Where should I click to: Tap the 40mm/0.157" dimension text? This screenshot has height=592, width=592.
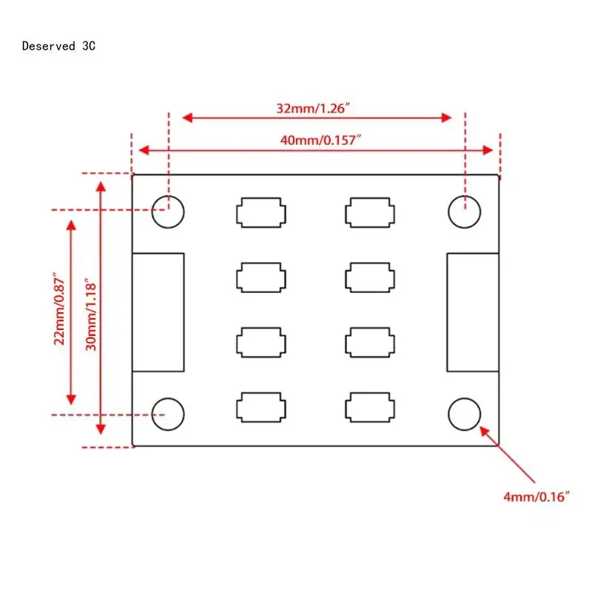(316, 139)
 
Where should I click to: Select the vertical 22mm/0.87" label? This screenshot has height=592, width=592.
(61, 310)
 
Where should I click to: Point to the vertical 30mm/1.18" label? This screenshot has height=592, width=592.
(90, 314)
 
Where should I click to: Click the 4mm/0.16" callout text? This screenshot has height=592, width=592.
(538, 497)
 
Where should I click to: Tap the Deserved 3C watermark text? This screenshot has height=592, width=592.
(59, 46)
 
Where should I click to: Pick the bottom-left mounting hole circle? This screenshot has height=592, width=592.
(168, 412)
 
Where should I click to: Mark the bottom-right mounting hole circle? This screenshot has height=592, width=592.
(465, 412)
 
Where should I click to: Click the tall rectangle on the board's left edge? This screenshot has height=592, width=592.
(158, 312)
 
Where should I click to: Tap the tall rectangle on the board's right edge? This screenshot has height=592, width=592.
(473, 312)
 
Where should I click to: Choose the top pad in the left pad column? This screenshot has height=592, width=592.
(260, 212)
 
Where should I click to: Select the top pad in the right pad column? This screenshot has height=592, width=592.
(369, 212)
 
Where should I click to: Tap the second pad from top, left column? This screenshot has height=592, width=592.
(260, 278)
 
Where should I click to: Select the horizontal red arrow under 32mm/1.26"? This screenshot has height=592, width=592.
(317, 118)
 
